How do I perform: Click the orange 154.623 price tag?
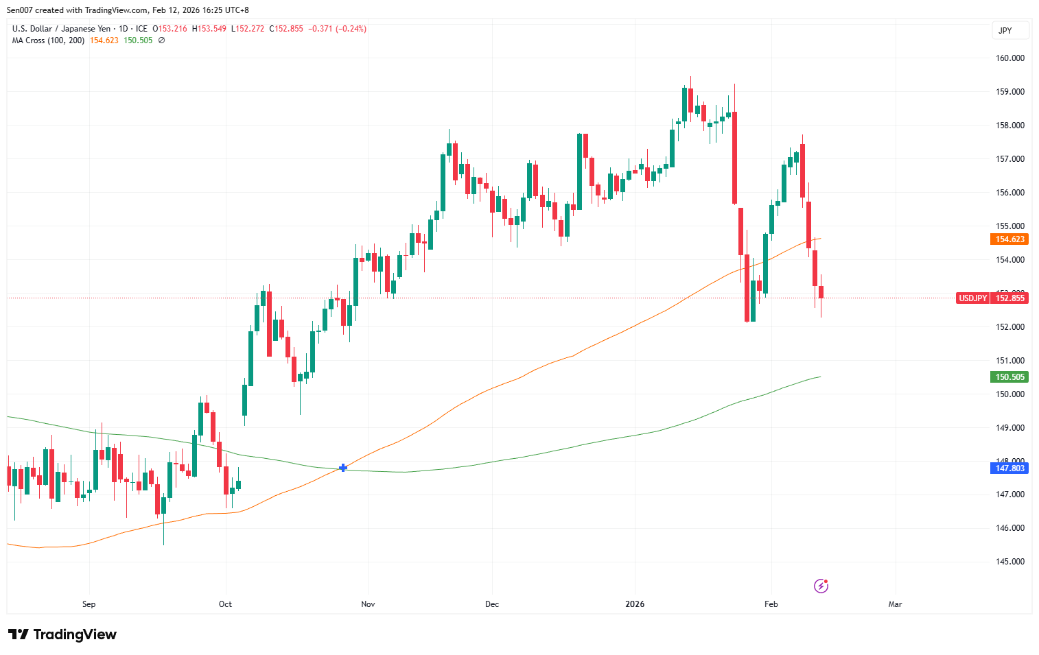[x=1009, y=239]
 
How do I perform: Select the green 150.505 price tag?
[x=1009, y=377]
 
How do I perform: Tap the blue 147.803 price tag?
[x=1009, y=468]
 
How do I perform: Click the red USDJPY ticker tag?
[x=972, y=298]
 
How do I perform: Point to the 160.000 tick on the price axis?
[x=1010, y=58]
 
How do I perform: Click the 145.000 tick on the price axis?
[x=1010, y=562]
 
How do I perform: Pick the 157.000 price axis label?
[x=1010, y=159]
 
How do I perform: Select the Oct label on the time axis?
[x=225, y=604]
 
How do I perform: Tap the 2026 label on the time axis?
[x=635, y=604]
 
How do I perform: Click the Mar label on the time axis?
[x=895, y=604]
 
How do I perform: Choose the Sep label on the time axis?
[x=89, y=604]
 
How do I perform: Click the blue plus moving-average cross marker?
[x=343, y=468]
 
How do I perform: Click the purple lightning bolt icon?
[x=821, y=586]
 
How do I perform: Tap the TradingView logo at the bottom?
[x=62, y=634]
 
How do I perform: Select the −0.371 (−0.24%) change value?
[x=337, y=29]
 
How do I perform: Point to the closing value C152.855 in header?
[x=286, y=29]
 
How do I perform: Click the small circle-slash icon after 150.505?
[x=162, y=40]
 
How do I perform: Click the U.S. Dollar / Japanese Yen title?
[x=61, y=29]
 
